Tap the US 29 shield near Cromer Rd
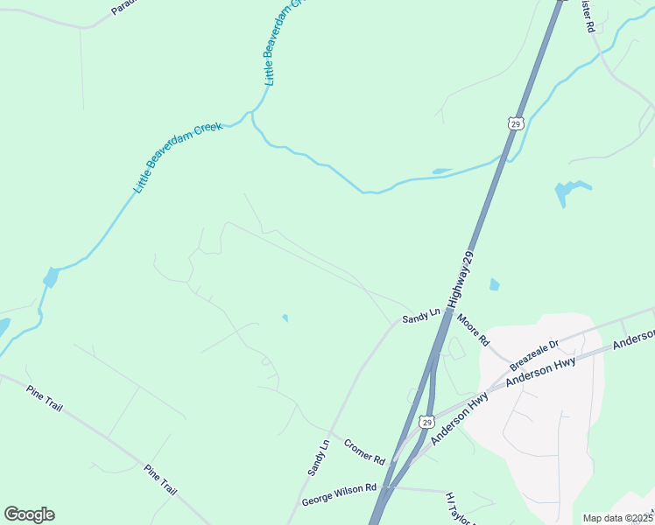pyautogui.click(x=426, y=421)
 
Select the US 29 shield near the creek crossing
pyautogui.click(x=515, y=124)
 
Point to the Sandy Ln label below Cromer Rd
pyautogui.click(x=319, y=457)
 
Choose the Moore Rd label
pyautogui.click(x=473, y=330)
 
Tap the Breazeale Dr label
pyautogui.click(x=533, y=353)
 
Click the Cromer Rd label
pyautogui.click(x=364, y=451)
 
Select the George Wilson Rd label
pyautogui.click(x=339, y=495)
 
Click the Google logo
pyautogui.click(x=29, y=514)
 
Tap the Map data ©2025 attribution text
pyautogui.click(x=617, y=518)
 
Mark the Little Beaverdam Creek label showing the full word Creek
pyautogui.click(x=179, y=157)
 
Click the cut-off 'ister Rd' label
pyautogui.click(x=589, y=17)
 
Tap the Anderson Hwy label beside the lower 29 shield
pyautogui.click(x=458, y=418)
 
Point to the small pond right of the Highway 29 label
pyautogui.click(x=495, y=284)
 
